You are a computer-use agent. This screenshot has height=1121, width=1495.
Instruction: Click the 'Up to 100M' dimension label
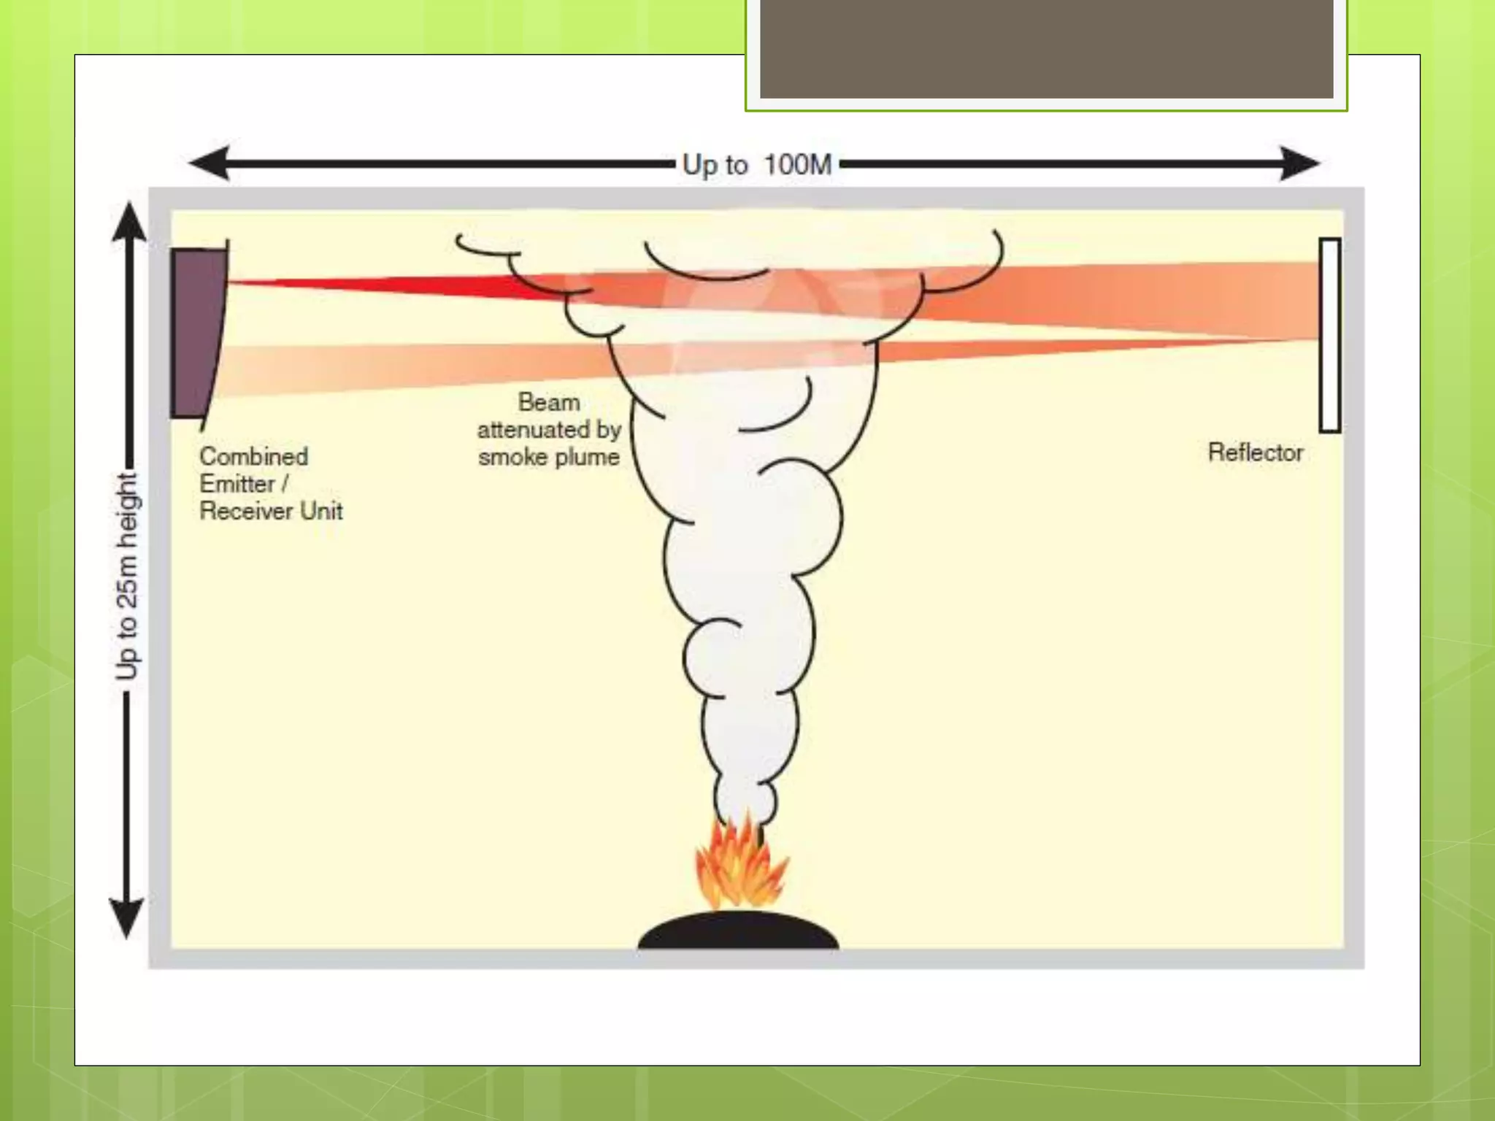(x=757, y=165)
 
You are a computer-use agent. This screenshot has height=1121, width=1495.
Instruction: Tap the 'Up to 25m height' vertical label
(x=126, y=577)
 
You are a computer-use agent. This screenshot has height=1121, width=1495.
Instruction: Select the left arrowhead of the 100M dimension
(x=208, y=163)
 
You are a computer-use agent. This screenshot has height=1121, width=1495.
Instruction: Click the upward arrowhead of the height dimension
(x=128, y=222)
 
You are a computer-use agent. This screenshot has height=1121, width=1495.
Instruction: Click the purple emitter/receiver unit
(x=196, y=333)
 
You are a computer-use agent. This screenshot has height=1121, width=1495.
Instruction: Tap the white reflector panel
(x=1329, y=335)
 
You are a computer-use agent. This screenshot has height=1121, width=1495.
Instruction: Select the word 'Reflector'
(x=1255, y=452)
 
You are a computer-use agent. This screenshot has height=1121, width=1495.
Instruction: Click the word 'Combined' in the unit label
(x=253, y=457)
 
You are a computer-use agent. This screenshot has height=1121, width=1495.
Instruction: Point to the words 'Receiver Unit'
(x=271, y=511)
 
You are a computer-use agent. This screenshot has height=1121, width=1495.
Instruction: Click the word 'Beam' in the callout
(x=549, y=402)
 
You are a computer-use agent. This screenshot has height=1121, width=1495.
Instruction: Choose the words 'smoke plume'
(x=549, y=458)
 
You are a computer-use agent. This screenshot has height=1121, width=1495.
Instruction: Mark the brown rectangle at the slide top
(x=1046, y=48)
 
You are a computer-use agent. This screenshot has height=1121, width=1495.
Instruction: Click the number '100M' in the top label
(x=798, y=165)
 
